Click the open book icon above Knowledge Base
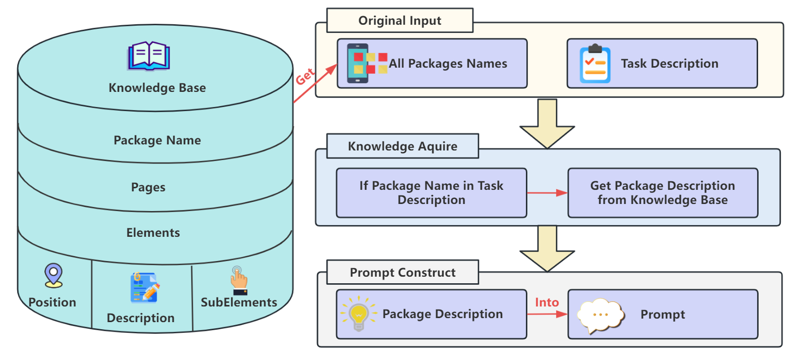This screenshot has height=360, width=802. pos(148,56)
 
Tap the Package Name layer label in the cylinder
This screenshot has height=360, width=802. pos(157,140)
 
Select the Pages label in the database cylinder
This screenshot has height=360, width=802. pos(148,187)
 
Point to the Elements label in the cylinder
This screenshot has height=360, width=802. pos(153,233)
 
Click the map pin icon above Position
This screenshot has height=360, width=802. pos(54,275)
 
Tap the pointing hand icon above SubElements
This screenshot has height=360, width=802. pos(239,280)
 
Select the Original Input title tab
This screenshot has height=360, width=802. pos(399,21)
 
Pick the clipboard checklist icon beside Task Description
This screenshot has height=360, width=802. pos(595,64)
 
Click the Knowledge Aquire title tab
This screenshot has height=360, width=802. pos(402,146)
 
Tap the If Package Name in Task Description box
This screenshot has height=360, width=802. pos(431,193)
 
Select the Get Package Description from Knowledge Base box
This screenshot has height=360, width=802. pos(662,193)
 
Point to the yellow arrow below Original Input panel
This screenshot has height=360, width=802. pos(547,124)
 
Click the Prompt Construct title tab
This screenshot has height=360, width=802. pos(402,273)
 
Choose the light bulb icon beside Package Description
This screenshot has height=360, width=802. pos(358,314)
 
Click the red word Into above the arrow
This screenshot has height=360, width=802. pos(547,302)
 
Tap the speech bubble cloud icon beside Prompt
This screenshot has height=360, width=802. pos(600,315)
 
